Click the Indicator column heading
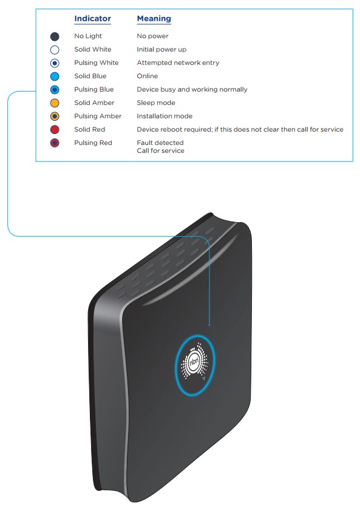(x=92, y=19)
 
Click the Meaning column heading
(x=154, y=19)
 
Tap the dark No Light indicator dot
(x=55, y=36)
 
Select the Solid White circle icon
(x=55, y=50)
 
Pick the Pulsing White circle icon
(x=55, y=63)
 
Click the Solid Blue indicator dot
(x=55, y=76)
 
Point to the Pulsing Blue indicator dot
(x=55, y=90)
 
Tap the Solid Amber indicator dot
(x=55, y=103)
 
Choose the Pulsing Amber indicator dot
(x=55, y=116)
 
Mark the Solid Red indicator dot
(x=55, y=129)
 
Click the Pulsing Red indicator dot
(x=55, y=143)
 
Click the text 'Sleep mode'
(x=156, y=103)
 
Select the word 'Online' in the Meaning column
(x=148, y=76)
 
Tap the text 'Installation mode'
(x=165, y=116)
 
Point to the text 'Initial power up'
(x=161, y=49)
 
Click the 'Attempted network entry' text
(x=178, y=62)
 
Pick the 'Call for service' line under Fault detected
(x=160, y=150)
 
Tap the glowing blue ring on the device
(x=176, y=365)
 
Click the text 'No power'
(x=153, y=36)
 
